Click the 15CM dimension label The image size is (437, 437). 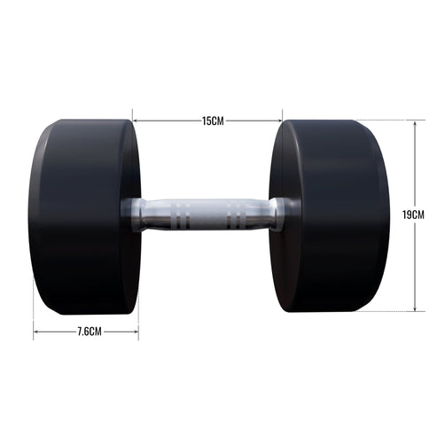pyautogui.click(x=212, y=121)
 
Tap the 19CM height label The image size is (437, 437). pyautogui.click(x=414, y=215)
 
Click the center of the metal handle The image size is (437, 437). pyautogui.click(x=205, y=215)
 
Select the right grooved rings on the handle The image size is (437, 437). pyautogui.click(x=237, y=215)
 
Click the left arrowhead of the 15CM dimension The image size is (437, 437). pyautogui.click(x=136, y=121)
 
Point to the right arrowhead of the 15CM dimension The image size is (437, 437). pyautogui.click(x=279, y=121)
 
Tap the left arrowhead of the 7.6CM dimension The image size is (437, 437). pyautogui.click(x=36, y=332)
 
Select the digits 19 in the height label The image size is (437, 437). pyautogui.click(x=408, y=215)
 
